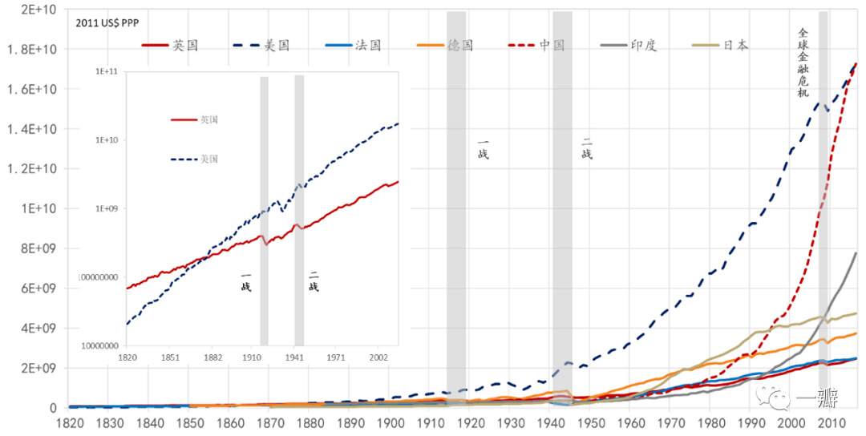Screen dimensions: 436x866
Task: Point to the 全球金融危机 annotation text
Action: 803,63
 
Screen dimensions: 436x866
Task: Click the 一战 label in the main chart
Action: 483,149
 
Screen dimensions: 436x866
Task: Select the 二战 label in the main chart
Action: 586,149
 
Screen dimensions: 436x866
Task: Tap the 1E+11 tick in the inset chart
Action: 107,71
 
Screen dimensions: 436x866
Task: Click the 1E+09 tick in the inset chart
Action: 107,208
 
